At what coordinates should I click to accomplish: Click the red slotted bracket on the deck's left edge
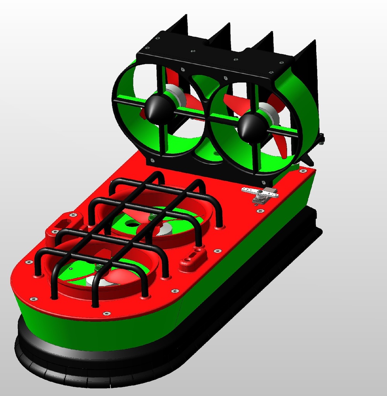62,224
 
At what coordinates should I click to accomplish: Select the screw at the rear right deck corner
303,171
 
